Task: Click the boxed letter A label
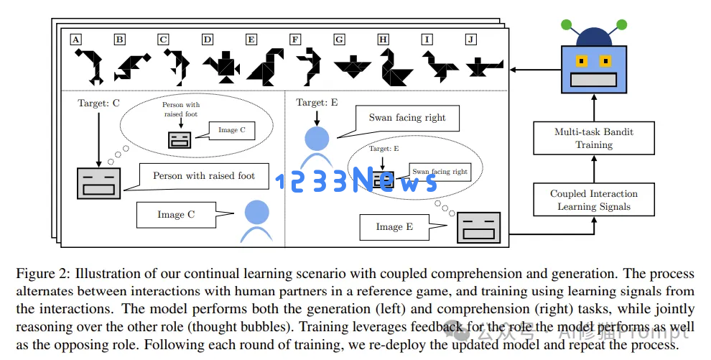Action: coord(75,40)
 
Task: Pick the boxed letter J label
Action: coord(470,40)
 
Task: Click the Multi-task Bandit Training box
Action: coord(593,138)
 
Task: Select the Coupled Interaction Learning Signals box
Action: coord(593,200)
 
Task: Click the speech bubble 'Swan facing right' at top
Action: coord(406,117)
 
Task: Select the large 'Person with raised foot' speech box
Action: coord(203,176)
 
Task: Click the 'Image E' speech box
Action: coord(394,227)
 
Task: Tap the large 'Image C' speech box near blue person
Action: coord(176,215)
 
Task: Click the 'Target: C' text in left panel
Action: coord(98,103)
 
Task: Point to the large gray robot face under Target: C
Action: coord(98,183)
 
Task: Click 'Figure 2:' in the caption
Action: coord(42,273)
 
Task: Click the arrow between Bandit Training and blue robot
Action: coord(593,108)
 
